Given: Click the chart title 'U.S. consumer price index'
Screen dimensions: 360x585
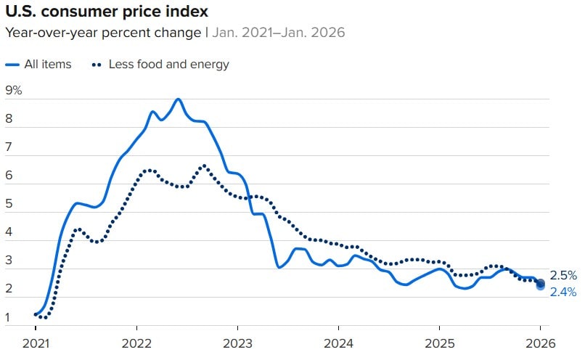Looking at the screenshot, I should coord(105,12).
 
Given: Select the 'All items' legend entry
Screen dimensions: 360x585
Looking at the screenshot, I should coord(47,64).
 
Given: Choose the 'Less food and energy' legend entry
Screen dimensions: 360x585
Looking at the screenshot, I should coord(168,64).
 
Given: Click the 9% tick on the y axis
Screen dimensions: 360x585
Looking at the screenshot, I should coord(14,91).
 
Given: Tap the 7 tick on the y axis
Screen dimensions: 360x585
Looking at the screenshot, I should coord(9,147).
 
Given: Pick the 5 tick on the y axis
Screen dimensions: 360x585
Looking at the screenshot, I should coord(9,204).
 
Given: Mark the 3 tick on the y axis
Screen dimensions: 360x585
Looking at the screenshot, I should coord(9,261).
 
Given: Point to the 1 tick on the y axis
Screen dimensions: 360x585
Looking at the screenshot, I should coord(9,317).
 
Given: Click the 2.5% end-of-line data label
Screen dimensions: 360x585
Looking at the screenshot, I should coord(563,276).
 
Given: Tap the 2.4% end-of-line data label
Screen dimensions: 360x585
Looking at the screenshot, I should coord(563,292).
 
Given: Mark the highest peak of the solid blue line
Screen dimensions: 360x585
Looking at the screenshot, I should coord(178,99).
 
